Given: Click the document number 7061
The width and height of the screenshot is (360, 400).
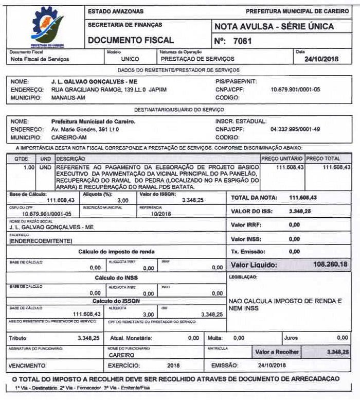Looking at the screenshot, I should click(242, 41).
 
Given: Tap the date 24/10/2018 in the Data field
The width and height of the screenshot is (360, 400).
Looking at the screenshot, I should click(322, 59).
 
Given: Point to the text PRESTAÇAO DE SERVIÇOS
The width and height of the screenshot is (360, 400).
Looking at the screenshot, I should click(191, 59).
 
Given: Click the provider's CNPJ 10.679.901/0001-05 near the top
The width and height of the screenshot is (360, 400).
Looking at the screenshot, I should click(295, 89).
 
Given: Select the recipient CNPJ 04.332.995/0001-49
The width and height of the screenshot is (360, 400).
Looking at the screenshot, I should click(295, 129).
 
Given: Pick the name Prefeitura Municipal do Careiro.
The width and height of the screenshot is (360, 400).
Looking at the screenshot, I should click(93, 121).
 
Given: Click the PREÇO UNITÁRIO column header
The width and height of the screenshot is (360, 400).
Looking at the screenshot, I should click(282, 159).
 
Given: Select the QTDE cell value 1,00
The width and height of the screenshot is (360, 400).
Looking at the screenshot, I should click(29, 167).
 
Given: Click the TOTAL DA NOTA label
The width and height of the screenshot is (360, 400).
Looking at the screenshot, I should click(254, 198).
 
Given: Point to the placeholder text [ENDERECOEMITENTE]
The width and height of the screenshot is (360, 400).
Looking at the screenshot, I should click(41, 241).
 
